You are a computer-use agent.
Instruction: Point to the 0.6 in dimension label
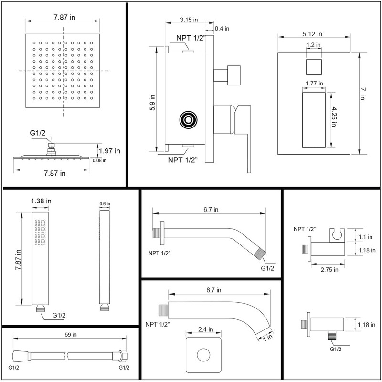[105, 204]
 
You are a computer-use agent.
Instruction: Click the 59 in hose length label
[70, 335]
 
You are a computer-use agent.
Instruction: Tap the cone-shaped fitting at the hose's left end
[18, 356]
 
